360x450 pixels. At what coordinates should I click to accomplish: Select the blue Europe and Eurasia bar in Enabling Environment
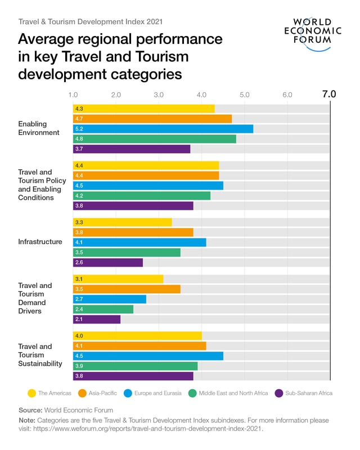(x=163, y=129)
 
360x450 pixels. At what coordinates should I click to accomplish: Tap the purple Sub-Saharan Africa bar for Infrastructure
(x=107, y=262)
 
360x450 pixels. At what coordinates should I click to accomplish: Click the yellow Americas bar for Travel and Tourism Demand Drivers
(x=118, y=279)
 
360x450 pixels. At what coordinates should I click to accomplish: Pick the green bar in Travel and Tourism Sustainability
(x=135, y=366)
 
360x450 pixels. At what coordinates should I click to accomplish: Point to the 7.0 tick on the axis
(x=329, y=94)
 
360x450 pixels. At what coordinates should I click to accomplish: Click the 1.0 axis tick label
(x=73, y=94)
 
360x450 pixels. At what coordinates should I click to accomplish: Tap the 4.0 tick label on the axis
(x=201, y=94)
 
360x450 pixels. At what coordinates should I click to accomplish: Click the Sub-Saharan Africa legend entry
(x=303, y=393)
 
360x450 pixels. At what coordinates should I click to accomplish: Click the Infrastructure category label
(x=40, y=242)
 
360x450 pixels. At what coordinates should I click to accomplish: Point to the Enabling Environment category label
(x=38, y=128)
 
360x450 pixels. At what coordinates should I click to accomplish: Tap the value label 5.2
(x=79, y=129)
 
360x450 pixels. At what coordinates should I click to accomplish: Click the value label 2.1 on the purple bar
(x=79, y=319)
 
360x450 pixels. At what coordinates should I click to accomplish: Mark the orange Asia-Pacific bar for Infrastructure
(x=133, y=232)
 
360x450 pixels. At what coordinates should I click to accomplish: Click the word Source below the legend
(x=30, y=410)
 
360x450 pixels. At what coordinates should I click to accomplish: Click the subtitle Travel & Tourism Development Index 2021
(x=91, y=21)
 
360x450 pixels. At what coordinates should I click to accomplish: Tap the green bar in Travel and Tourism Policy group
(x=141, y=196)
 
